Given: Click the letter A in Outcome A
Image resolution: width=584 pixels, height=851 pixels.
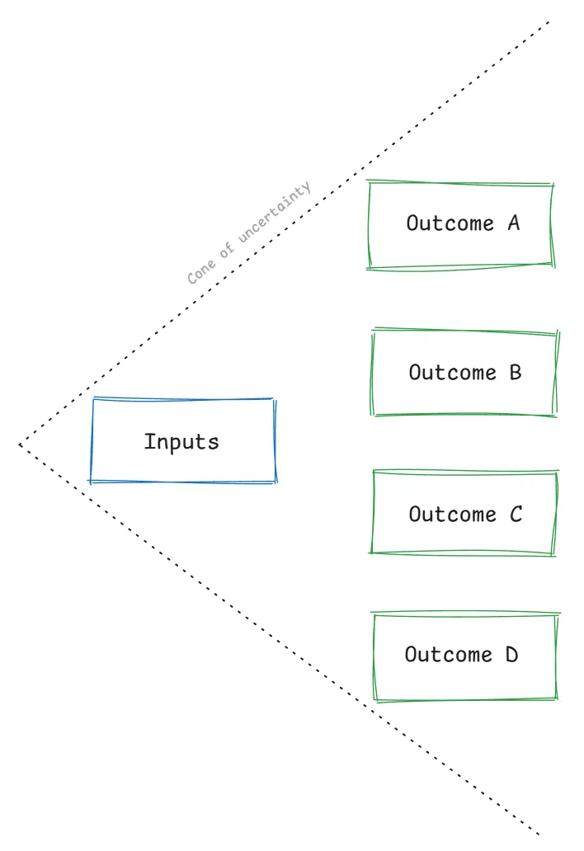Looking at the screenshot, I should click(513, 223).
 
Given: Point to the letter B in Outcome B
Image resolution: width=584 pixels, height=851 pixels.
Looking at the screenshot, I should click(515, 373).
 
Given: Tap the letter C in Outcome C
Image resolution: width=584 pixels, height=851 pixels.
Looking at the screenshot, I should click(516, 515).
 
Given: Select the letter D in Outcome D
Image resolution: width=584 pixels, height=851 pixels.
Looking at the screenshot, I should click(511, 656).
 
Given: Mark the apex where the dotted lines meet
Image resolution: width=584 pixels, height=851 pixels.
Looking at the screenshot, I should click(20, 446).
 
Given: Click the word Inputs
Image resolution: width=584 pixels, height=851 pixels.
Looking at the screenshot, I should click(181, 442).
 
